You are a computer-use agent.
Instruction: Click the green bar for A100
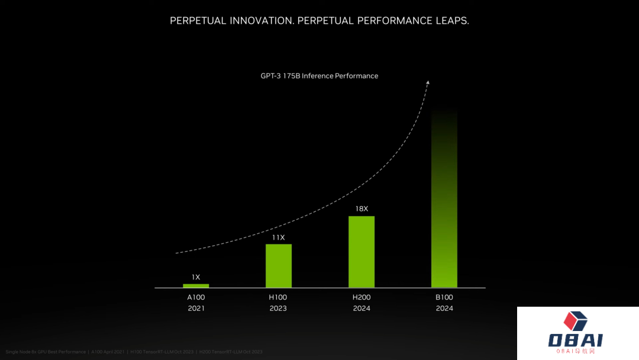pyautogui.click(x=196, y=285)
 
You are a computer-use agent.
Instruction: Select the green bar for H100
pyautogui.click(x=279, y=266)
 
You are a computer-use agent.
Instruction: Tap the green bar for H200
pyautogui.click(x=362, y=252)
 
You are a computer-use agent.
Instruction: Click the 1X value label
pyautogui.click(x=196, y=277)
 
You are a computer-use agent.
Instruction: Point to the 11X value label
pyautogui.click(x=279, y=237)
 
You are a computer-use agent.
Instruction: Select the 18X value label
pyautogui.click(x=362, y=209)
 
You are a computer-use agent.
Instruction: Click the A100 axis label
pyautogui.click(x=196, y=297)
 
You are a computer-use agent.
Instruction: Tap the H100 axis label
pyautogui.click(x=279, y=297)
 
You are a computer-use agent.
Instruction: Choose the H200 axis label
pyautogui.click(x=362, y=297)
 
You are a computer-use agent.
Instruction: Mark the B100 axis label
pyautogui.click(x=444, y=297)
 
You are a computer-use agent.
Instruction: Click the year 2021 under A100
pyautogui.click(x=196, y=308)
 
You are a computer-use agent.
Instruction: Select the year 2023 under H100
pyautogui.click(x=279, y=308)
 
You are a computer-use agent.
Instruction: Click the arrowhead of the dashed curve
pyautogui.click(x=428, y=82)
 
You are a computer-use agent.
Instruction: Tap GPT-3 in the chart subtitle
pyautogui.click(x=271, y=76)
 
